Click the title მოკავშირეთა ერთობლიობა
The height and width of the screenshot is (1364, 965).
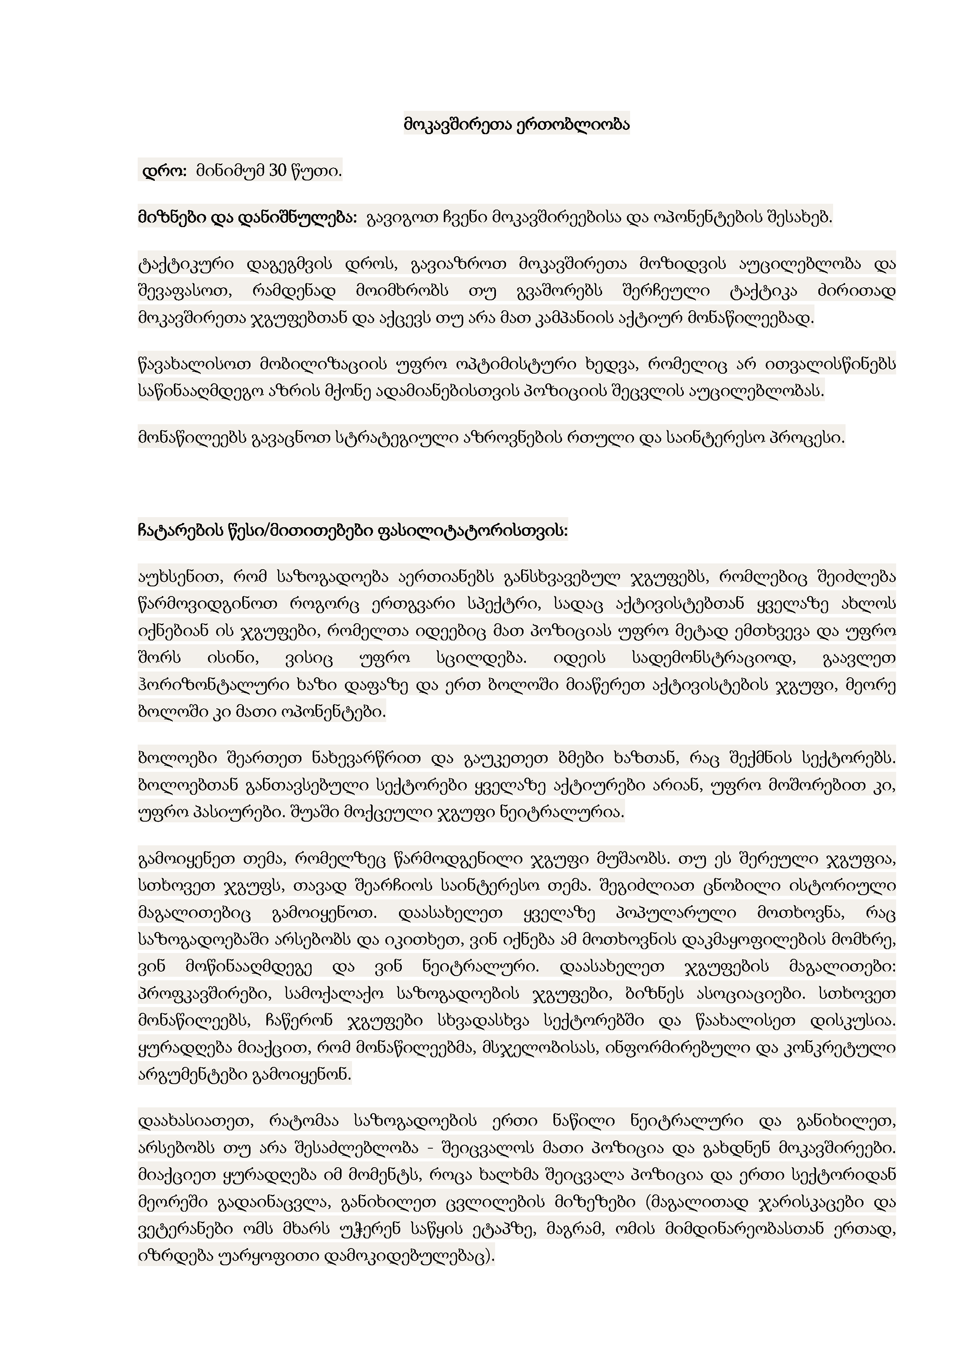517,125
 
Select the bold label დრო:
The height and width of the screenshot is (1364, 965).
165,171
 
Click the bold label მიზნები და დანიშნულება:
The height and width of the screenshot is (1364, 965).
247,218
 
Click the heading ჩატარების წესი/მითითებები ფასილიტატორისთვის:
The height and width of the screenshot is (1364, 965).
353,530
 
